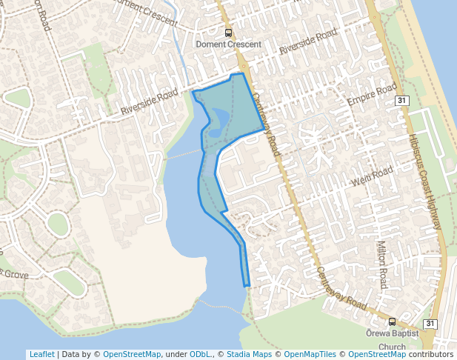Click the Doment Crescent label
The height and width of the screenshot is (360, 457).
tap(228, 44)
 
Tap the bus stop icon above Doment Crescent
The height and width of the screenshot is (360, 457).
tap(228, 33)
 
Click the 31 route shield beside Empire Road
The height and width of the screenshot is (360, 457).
tap(401, 100)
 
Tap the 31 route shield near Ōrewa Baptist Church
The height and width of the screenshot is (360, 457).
tap(430, 324)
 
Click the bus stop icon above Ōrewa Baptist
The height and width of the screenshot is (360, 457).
tap(392, 321)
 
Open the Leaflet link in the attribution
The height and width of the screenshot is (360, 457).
tap(41, 355)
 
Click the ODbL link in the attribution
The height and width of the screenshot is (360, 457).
tap(200, 355)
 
